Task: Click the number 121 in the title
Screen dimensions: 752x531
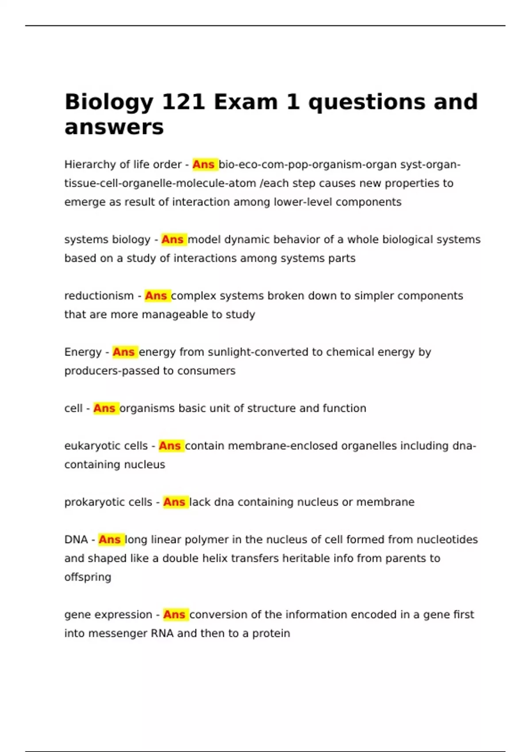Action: [183, 102]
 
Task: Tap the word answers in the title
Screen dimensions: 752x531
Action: [114, 127]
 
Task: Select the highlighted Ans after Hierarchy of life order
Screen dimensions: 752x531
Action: [204, 165]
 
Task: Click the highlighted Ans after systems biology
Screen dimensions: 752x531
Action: [173, 240]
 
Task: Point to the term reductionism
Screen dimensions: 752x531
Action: [99, 296]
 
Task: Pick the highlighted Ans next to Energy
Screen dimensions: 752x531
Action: [124, 352]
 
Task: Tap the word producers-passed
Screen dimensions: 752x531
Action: [112, 371]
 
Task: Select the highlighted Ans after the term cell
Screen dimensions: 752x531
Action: [105, 408]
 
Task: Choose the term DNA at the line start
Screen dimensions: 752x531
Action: [76, 540]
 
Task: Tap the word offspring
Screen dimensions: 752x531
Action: [88, 577]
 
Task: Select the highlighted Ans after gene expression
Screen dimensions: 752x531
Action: [174, 614]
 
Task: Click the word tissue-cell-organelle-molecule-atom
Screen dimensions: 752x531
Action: [160, 183]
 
